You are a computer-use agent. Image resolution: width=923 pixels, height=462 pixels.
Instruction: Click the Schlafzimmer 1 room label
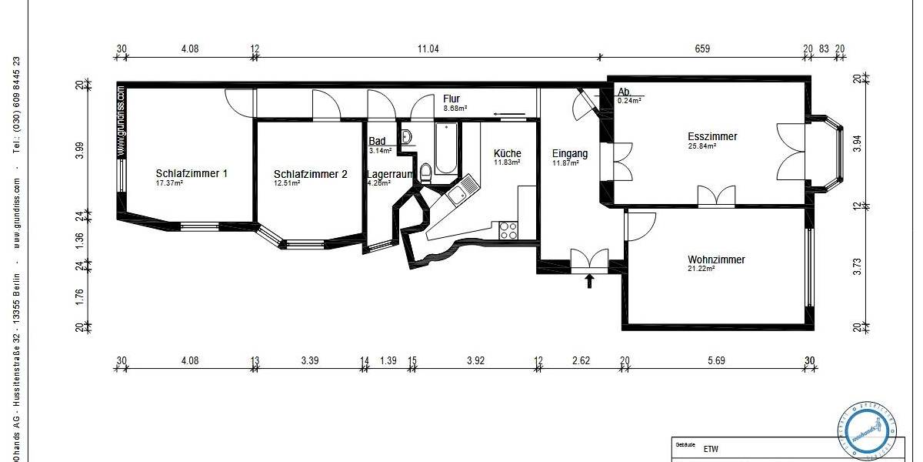point(192,174)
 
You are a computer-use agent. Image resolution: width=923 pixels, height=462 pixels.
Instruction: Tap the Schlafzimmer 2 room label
point(310,175)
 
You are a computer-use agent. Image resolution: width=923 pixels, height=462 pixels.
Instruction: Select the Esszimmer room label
point(712,137)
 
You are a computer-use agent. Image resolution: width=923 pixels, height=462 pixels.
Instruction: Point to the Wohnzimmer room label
point(716,260)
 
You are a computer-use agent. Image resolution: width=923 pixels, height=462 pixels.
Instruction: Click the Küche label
point(508,153)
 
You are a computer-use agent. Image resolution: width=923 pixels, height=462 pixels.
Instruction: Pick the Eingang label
point(570,153)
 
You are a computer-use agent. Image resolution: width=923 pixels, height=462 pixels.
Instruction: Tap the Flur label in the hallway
point(452,99)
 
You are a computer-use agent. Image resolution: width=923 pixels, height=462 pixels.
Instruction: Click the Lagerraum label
point(391,175)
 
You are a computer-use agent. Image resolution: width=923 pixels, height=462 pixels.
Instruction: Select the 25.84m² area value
point(701,146)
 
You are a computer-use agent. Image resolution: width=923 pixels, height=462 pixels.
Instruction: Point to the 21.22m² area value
point(701,269)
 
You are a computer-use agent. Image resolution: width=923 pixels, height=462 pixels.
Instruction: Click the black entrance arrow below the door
point(590,280)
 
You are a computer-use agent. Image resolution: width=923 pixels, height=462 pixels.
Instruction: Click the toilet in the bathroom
point(425,170)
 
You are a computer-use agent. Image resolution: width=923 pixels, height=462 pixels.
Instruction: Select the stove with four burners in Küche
point(508,229)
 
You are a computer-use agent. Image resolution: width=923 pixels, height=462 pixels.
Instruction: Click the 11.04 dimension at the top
point(428,49)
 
